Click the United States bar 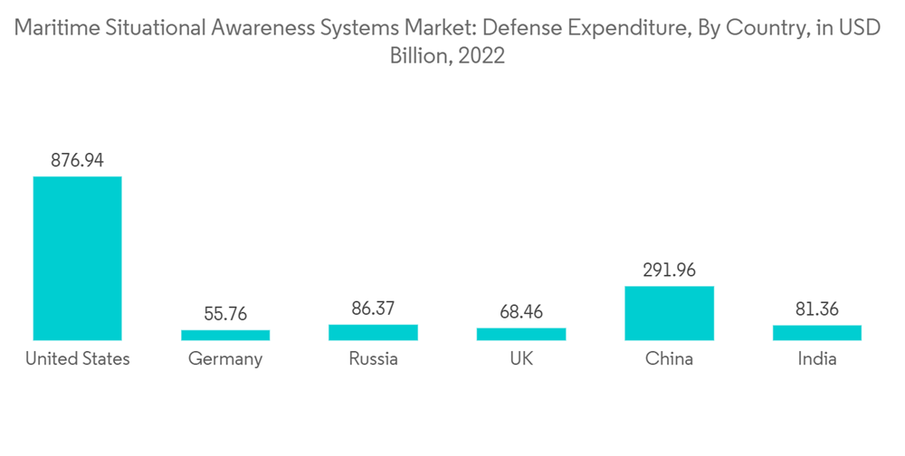pyautogui.click(x=77, y=258)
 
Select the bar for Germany pyautogui.click(x=225, y=335)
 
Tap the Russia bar pyautogui.click(x=373, y=332)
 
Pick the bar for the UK pyautogui.click(x=521, y=334)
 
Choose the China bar pyautogui.click(x=670, y=313)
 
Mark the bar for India pyautogui.click(x=817, y=333)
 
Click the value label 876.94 pyautogui.click(x=77, y=161)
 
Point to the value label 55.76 pyautogui.click(x=225, y=314)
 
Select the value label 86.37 pyautogui.click(x=373, y=309)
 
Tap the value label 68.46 pyautogui.click(x=521, y=312)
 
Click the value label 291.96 pyautogui.click(x=670, y=271)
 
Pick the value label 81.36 pyautogui.click(x=817, y=309)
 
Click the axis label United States pyautogui.click(x=77, y=359)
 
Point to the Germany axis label pyautogui.click(x=225, y=359)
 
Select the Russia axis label pyautogui.click(x=373, y=359)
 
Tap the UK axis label pyautogui.click(x=521, y=359)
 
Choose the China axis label pyautogui.click(x=670, y=359)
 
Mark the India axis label pyautogui.click(x=817, y=359)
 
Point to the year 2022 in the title pyautogui.click(x=481, y=56)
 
